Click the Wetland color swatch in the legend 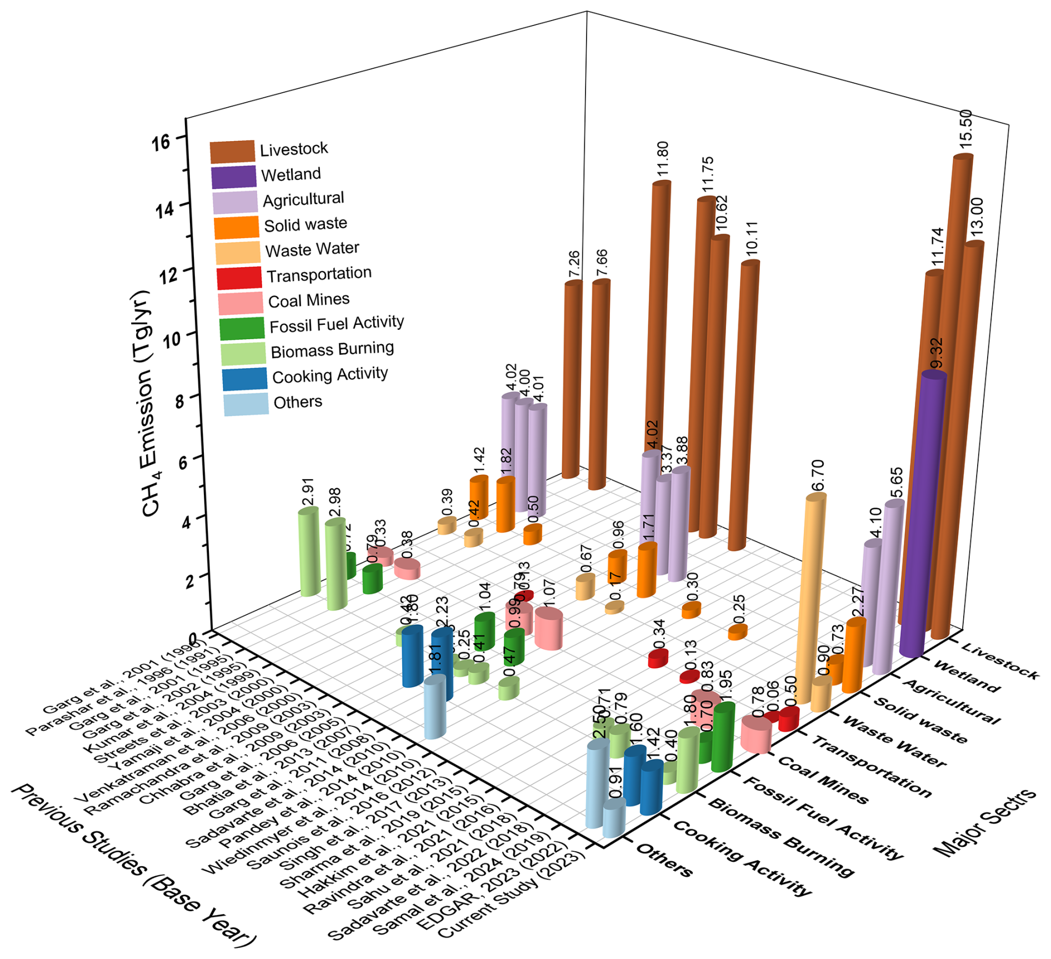tap(233, 177)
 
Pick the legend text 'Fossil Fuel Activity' tap(337, 324)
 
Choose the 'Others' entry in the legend tap(298, 402)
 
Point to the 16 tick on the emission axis tap(161, 142)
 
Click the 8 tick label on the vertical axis tap(179, 400)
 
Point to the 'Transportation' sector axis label tap(872, 766)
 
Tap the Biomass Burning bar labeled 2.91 tap(309, 553)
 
